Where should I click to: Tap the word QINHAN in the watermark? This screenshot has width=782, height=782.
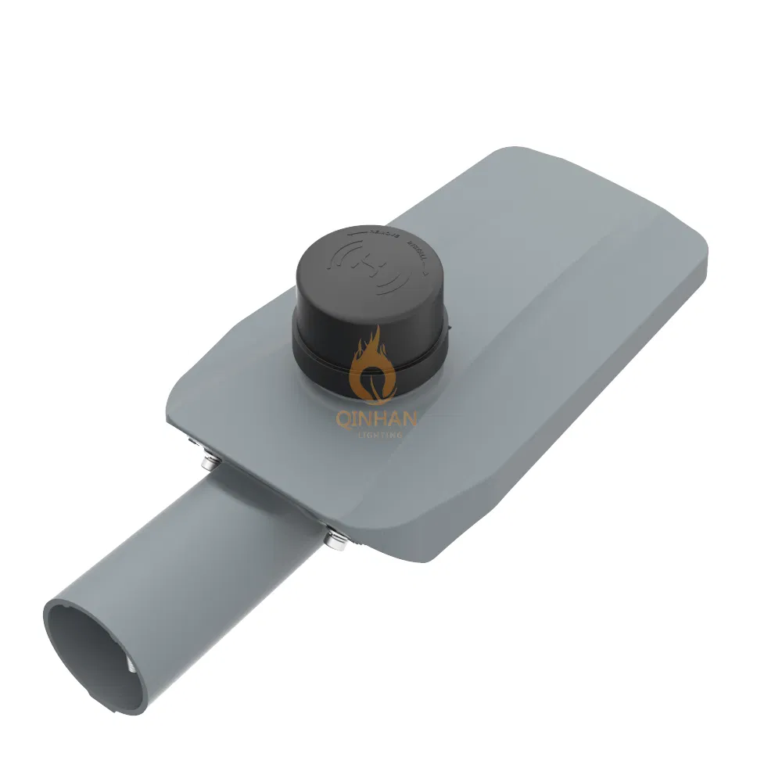click(x=376, y=419)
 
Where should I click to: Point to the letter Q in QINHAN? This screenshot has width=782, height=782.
click(x=342, y=419)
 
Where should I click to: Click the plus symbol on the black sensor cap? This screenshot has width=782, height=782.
click(x=366, y=266)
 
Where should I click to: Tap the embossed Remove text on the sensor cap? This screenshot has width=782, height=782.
click(x=371, y=234)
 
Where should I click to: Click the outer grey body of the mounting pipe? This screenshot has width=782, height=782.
click(x=203, y=547)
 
